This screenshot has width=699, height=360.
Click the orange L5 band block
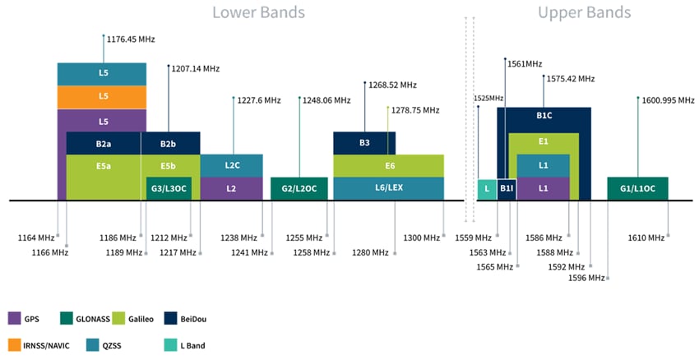click(x=102, y=96)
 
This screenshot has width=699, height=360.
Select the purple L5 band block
click(x=102, y=120)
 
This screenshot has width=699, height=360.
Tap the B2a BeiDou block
click(x=103, y=143)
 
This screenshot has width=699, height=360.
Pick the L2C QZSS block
click(x=232, y=165)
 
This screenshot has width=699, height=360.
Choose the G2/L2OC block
click(x=299, y=189)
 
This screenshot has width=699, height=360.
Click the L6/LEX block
click(x=388, y=189)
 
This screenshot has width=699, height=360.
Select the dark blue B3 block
click(x=364, y=143)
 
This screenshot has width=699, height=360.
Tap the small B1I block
click(x=507, y=189)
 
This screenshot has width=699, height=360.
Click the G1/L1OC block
click(x=637, y=189)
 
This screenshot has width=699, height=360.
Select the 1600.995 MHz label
click(x=668, y=100)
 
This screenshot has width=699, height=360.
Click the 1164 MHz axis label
click(x=35, y=238)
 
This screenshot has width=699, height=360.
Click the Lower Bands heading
click(x=258, y=12)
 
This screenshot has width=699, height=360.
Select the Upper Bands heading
click(x=584, y=12)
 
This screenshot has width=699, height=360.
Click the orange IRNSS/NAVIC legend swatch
click(x=15, y=345)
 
